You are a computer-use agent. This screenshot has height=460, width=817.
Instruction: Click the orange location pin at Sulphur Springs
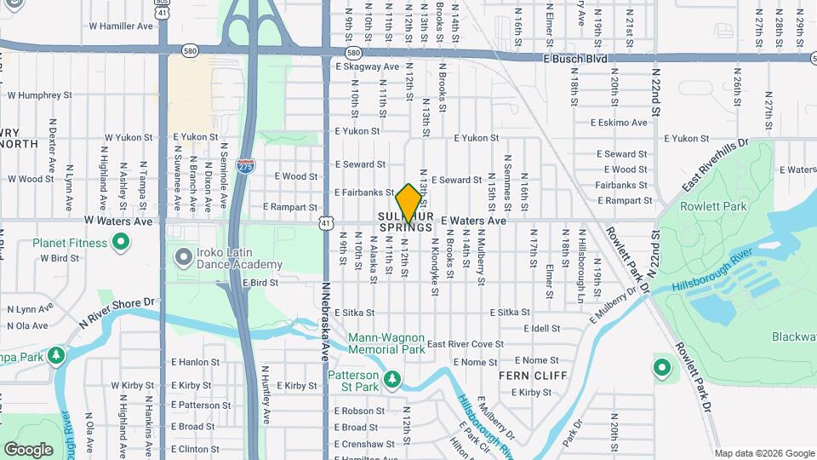[408, 202]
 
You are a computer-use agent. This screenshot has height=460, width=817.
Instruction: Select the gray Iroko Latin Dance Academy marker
[182, 256]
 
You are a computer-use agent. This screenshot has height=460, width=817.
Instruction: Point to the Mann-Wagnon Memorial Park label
[386, 343]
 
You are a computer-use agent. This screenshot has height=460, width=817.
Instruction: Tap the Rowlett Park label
[712, 205]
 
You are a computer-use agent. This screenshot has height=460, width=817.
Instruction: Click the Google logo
[28, 450]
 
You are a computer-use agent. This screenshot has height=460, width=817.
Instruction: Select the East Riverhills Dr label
[714, 166]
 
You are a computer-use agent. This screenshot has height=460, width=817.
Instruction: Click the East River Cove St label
[466, 344]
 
